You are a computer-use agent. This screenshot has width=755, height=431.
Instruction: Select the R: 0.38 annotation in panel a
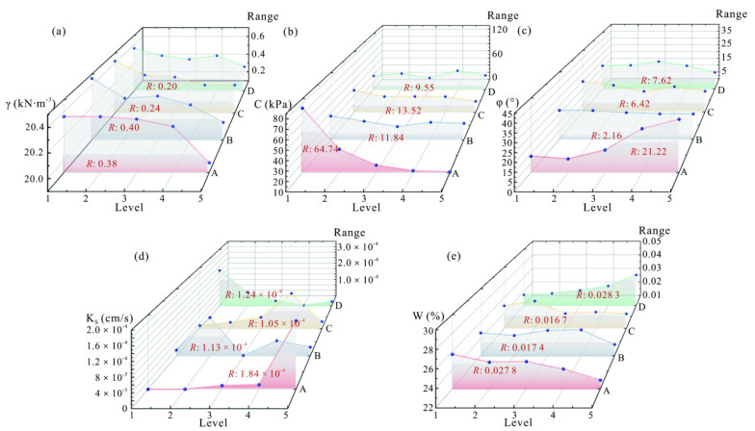(100, 150)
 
